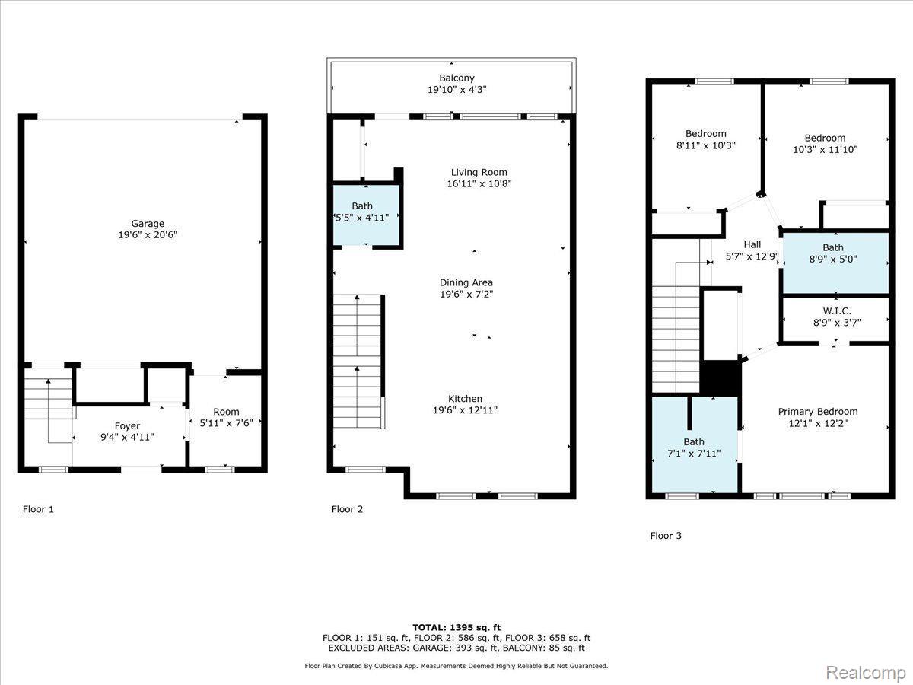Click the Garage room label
click(148, 224)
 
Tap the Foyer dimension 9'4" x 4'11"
click(127, 437)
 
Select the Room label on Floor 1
click(226, 412)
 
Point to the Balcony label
click(456, 78)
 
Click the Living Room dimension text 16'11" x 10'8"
click(479, 184)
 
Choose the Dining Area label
click(466, 283)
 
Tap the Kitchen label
click(465, 399)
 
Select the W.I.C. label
click(837, 311)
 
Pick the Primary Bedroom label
click(818, 412)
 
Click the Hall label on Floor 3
click(752, 244)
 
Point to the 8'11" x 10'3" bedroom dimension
click(706, 145)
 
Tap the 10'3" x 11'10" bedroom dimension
click(826, 150)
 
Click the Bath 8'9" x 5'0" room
click(835, 263)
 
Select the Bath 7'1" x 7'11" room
click(694, 444)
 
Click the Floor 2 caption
click(347, 509)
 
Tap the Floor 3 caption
click(666, 536)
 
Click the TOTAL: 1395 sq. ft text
click(456, 627)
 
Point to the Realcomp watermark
click(866, 672)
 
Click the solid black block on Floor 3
click(721, 378)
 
